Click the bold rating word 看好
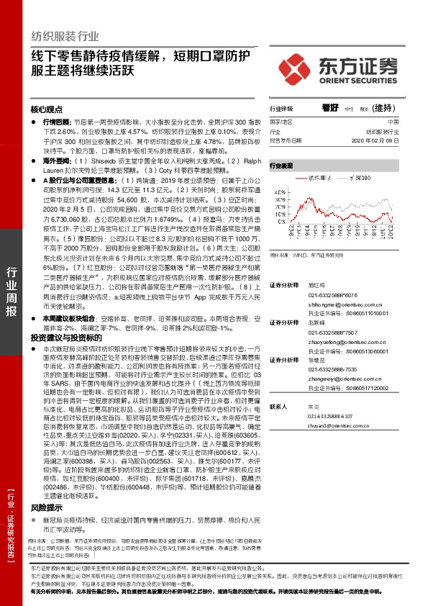point(330,107)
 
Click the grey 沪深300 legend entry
point(363,177)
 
